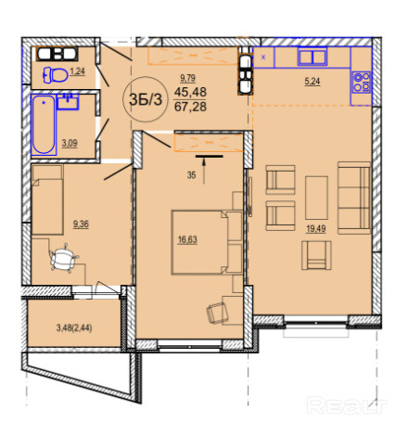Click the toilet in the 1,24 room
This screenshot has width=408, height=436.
coord(56,75)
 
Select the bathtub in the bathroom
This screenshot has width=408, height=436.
coord(44,125)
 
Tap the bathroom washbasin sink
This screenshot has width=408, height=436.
coord(68,102)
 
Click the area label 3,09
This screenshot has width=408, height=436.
coord(70,144)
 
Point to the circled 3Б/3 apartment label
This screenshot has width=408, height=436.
coord(146,99)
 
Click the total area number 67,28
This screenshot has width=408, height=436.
coord(190,107)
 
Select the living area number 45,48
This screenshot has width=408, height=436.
coord(190,92)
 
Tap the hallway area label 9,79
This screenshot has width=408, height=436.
coord(188,78)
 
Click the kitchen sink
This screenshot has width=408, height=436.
coord(312,57)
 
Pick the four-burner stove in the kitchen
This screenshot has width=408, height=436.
coord(362,83)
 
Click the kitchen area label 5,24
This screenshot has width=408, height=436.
coord(312,82)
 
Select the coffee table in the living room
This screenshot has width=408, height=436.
coord(316,198)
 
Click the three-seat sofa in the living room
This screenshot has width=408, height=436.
coord(354,198)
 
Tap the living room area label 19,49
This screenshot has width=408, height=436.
coord(316,229)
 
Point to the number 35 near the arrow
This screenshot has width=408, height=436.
coord(191,175)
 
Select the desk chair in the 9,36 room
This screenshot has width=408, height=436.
coord(64,258)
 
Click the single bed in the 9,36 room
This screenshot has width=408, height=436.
coord(47,199)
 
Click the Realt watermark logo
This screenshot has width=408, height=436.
coord(346,405)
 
